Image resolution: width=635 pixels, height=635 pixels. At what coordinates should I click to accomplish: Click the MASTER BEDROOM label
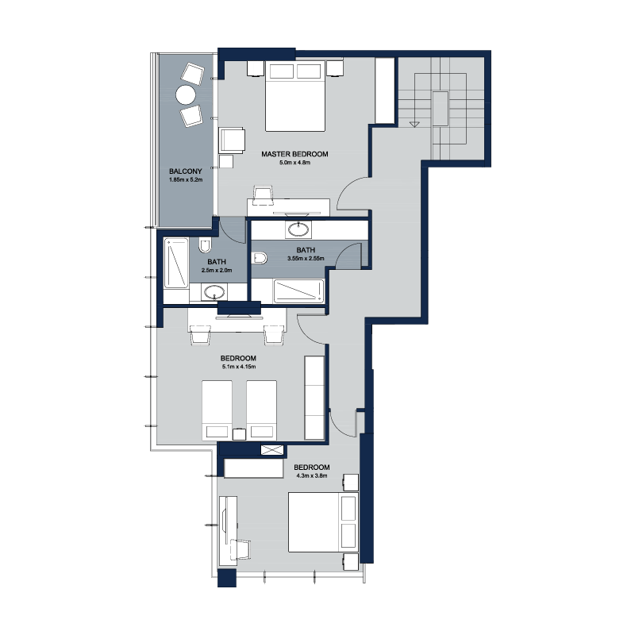point(294,154)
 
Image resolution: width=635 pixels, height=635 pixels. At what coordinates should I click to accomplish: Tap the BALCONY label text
point(186,171)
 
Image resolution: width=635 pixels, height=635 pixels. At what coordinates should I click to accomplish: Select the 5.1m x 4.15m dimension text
point(239,367)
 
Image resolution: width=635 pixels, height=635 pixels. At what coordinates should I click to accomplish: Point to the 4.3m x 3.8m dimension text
point(312,475)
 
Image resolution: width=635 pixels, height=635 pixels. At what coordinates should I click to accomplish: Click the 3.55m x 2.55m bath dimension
point(306,259)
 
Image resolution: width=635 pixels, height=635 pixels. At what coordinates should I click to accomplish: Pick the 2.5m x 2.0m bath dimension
point(217,270)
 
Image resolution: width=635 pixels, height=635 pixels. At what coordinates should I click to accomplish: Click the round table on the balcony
point(186,94)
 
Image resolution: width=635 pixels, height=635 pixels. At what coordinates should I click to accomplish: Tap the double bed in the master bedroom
point(295,96)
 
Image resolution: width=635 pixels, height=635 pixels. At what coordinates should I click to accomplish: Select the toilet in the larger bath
point(259,258)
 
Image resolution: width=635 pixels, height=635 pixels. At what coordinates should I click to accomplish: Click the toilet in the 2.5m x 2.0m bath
point(206,245)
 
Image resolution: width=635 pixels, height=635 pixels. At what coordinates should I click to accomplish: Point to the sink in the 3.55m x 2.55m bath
point(298,229)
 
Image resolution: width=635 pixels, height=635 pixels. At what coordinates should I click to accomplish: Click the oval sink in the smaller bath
point(214,291)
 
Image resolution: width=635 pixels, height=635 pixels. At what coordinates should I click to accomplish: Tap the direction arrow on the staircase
point(414,125)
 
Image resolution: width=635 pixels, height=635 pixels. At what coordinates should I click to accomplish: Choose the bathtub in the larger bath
point(299,291)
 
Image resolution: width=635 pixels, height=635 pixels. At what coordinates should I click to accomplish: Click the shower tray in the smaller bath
point(176,263)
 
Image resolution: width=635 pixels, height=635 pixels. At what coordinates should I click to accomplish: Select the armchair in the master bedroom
point(232,140)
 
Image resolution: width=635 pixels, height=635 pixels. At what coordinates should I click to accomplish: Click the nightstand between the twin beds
point(239,434)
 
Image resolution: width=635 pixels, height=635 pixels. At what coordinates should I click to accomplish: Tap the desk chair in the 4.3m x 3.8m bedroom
point(241,549)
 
